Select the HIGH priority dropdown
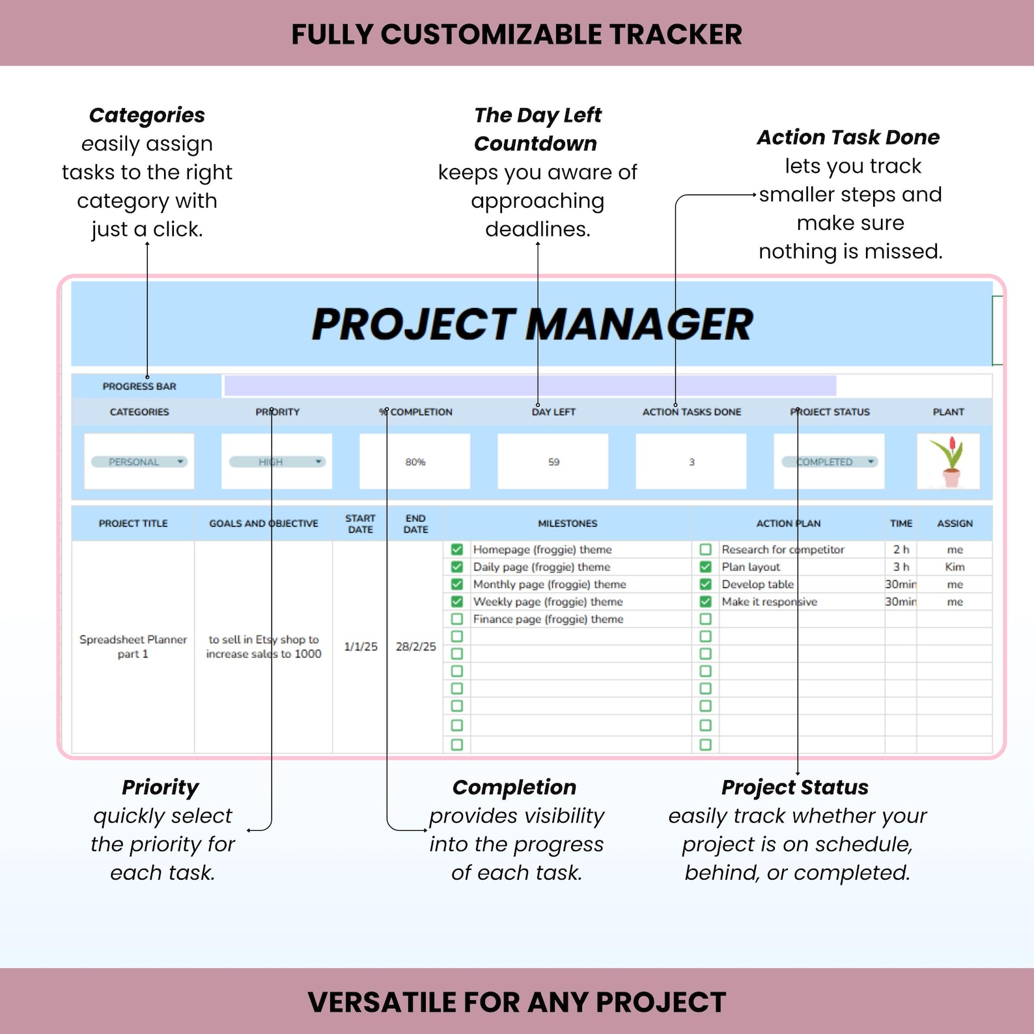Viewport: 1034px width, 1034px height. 277,462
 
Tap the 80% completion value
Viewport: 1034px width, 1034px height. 415,462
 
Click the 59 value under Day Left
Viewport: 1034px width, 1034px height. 553,462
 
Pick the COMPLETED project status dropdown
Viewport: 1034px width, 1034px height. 830,462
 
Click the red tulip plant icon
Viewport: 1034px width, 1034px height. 948,461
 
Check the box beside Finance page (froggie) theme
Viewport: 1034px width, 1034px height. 457,619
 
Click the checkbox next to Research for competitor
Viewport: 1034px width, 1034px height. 705,550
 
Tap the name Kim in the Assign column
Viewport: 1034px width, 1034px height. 955,567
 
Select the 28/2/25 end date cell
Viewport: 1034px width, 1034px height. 416,647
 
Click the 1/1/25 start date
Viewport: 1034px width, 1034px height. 361,647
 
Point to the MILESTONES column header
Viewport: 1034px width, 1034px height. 567,524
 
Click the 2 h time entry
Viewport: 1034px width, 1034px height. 901,550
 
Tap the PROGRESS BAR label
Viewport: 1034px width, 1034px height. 139,386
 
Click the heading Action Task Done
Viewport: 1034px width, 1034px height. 848,137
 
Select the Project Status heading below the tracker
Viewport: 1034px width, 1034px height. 794,787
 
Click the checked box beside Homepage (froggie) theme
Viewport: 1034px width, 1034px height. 457,550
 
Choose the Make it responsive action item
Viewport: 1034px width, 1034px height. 769,602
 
